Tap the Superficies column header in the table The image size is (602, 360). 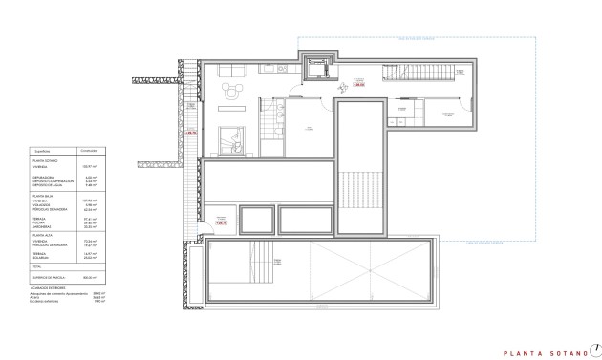tap(43, 151)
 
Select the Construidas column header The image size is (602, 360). tap(89, 151)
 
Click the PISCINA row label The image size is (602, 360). tap(41, 222)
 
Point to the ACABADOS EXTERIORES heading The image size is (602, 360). tap(48, 286)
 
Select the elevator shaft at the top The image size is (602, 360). tap(315, 69)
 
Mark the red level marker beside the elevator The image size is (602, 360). tap(358, 84)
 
